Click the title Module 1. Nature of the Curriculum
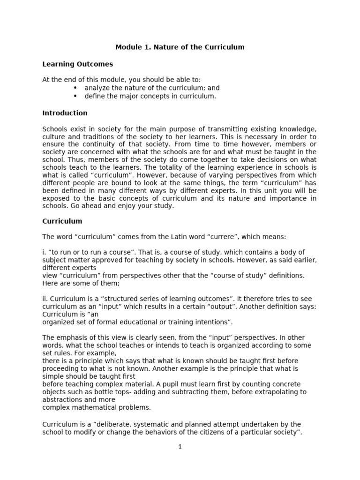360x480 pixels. coord(180,47)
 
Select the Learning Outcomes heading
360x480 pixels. coord(77,64)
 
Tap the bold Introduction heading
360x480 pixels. coord(65,113)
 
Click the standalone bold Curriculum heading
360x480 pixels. coord(62,221)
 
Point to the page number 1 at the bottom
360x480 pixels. coord(180,447)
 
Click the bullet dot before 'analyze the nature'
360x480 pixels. coord(75,88)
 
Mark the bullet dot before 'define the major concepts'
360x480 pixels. coord(75,96)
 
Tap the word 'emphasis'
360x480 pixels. coord(70,337)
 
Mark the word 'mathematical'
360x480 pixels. coord(90,407)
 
